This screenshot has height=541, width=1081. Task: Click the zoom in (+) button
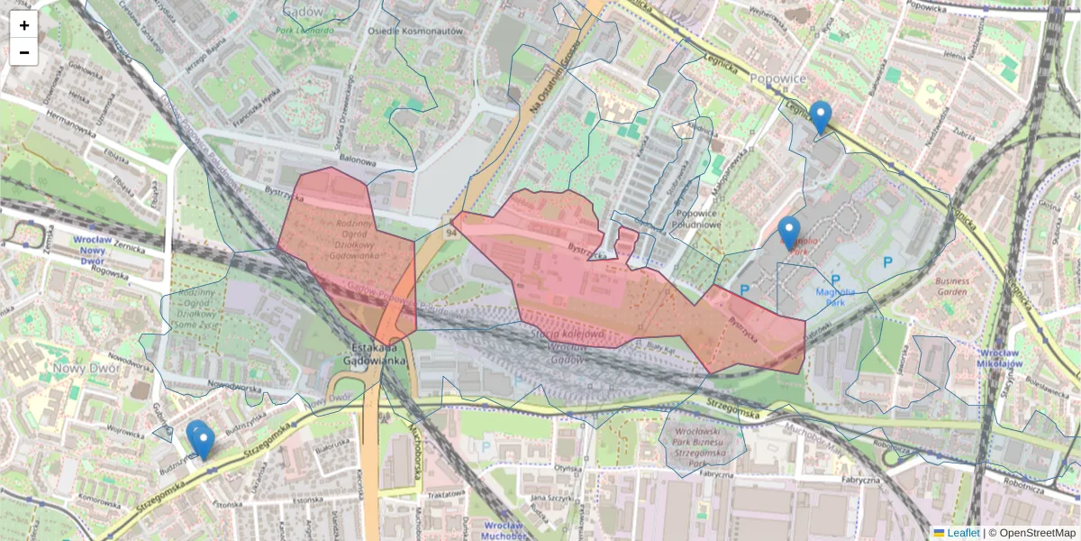(24, 25)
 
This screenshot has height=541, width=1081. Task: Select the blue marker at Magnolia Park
(789, 233)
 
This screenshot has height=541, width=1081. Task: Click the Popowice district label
(777, 78)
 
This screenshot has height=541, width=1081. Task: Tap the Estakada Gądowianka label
(376, 353)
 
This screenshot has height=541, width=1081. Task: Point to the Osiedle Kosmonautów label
(414, 30)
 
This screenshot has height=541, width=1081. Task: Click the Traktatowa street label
(445, 495)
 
